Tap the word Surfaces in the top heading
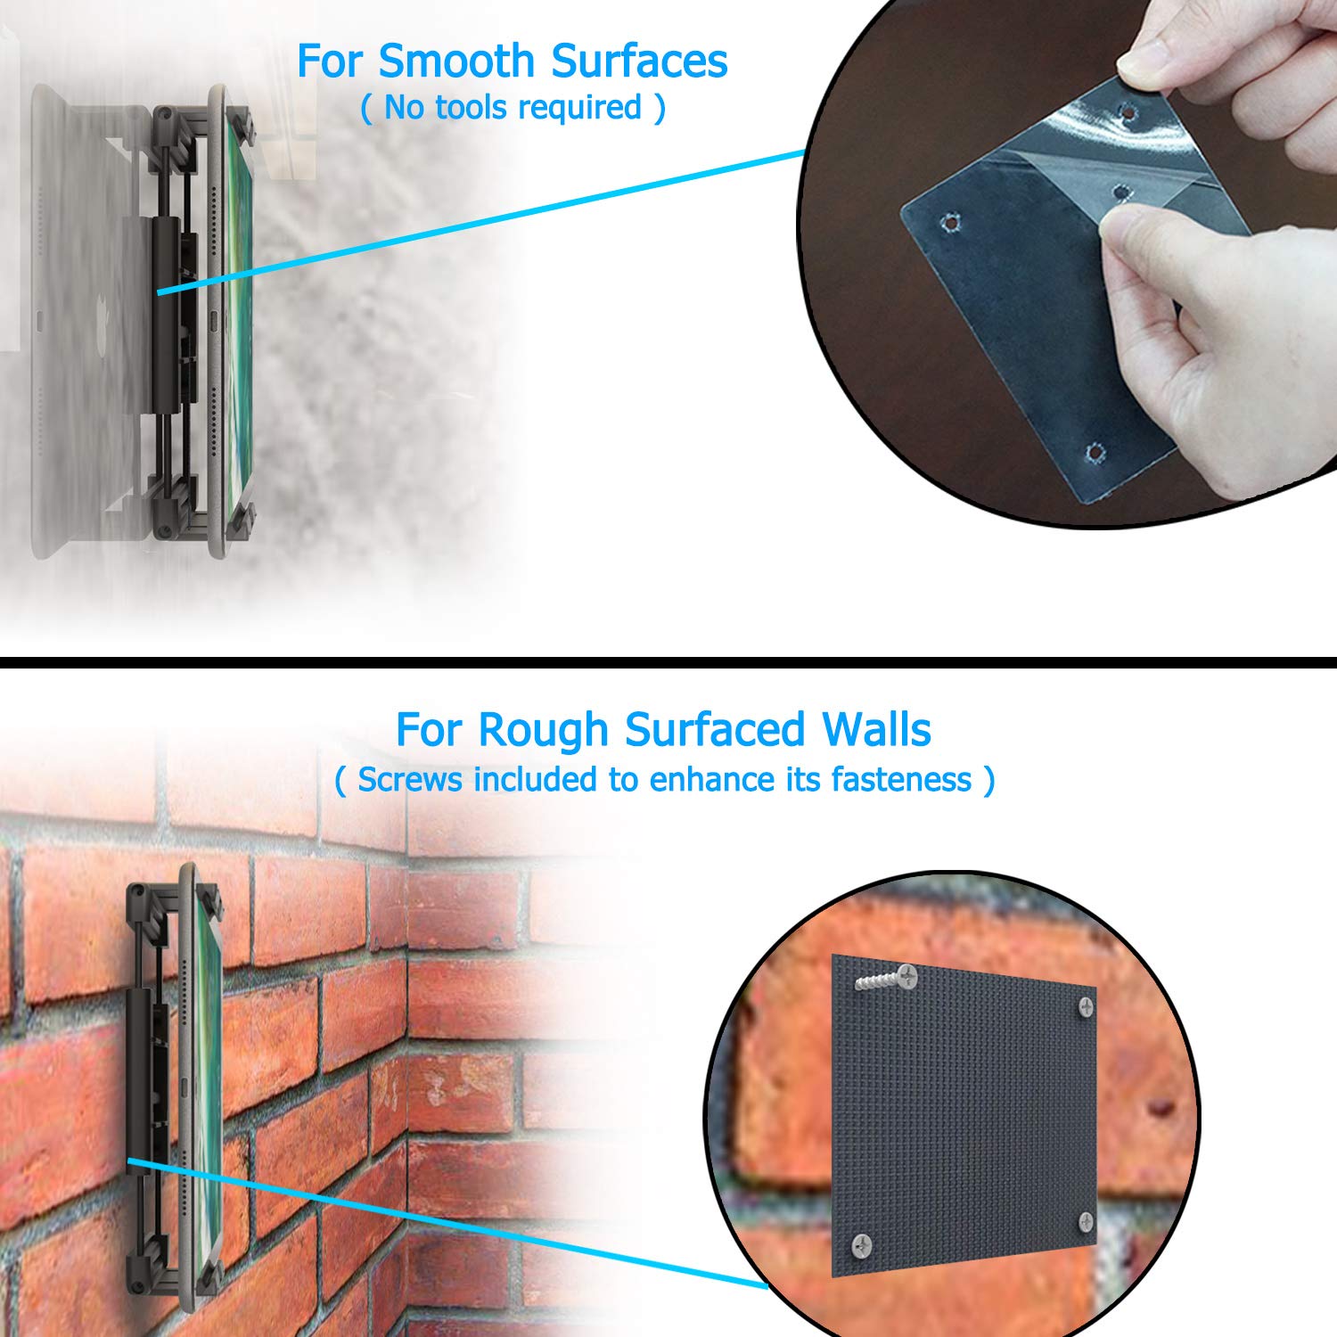639,62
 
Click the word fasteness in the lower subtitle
901,779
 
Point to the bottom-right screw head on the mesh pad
1085,1221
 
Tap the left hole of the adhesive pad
953,219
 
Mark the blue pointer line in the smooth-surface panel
480,222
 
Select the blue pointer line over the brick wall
447,1223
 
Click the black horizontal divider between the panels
668,662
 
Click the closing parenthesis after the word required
659,109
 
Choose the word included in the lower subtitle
536,779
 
